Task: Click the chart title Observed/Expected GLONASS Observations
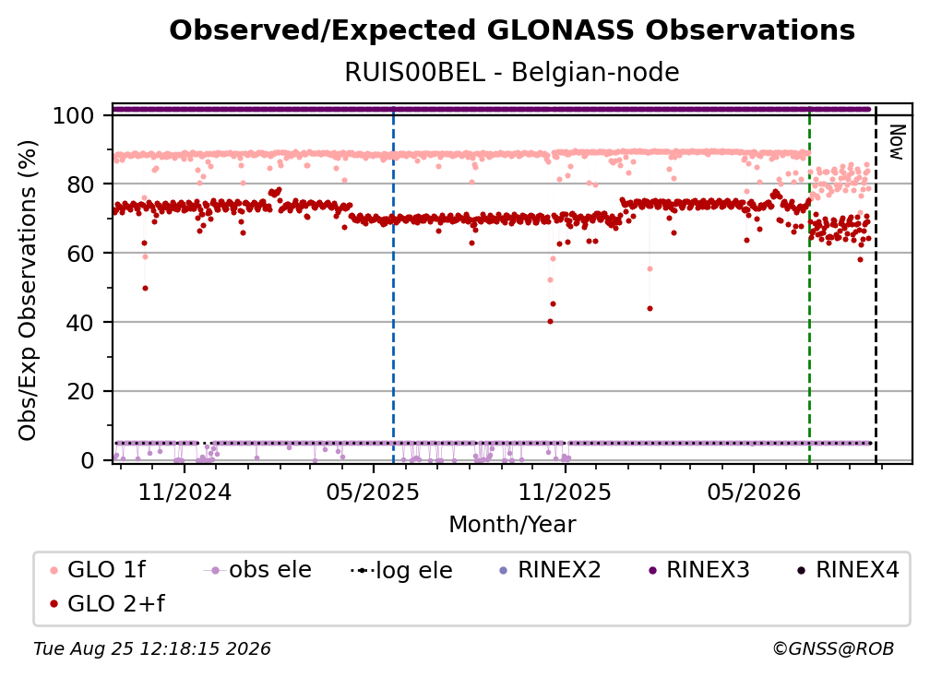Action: (512, 30)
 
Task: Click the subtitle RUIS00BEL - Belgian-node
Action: (512, 72)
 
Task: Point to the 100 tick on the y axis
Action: (74, 115)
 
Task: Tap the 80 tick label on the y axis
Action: (80, 184)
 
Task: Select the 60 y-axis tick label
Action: (80, 253)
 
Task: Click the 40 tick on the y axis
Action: (80, 323)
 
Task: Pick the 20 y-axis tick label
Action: (80, 391)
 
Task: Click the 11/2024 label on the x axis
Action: (185, 492)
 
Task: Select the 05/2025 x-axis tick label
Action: (373, 492)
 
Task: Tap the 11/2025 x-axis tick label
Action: (565, 492)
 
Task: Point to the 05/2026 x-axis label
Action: (754, 492)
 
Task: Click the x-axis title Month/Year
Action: (512, 525)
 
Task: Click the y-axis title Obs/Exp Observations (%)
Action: (28, 291)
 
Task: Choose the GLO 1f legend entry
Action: (98, 570)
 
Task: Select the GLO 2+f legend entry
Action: (107, 603)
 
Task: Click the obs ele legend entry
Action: (257, 570)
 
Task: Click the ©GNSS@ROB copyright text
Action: (833, 648)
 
